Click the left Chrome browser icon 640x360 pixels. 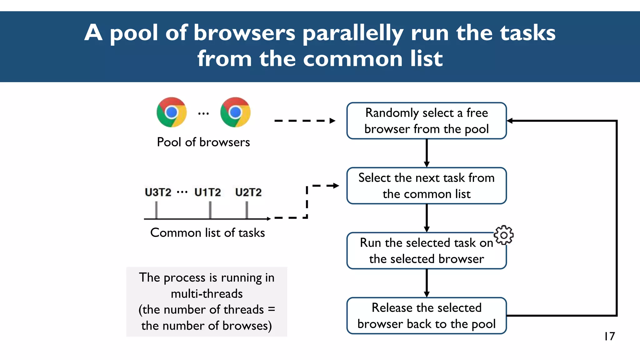coord(172,112)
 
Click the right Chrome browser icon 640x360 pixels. coord(235,112)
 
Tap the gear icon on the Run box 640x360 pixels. coord(503,235)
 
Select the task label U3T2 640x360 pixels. coord(158,192)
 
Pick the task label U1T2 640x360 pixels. coord(207,192)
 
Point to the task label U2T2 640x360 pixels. coord(248,192)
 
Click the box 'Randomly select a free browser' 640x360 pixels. coord(426,121)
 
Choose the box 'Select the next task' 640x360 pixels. coord(426,186)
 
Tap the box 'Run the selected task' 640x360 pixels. coord(426,251)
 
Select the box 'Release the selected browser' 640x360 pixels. coord(426,316)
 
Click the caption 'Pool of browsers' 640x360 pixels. coord(203,142)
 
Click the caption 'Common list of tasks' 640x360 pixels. coord(207,233)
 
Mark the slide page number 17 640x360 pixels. coord(609,336)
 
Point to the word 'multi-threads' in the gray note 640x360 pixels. coord(207,294)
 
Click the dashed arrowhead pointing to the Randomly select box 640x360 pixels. coord(332,121)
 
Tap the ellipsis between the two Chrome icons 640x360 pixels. coord(203,114)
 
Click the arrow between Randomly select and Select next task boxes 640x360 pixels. coord(427,153)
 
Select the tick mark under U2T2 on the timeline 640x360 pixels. coord(247,210)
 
